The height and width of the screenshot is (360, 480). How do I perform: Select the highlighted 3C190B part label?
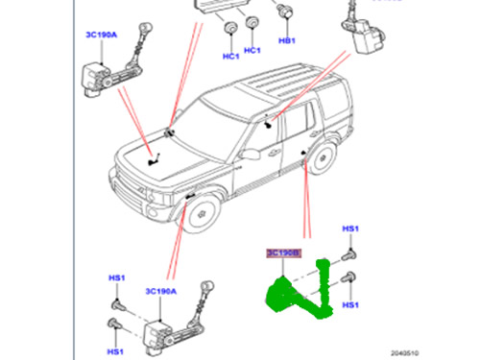click(x=283, y=253)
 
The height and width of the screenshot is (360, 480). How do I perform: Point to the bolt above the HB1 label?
click(x=285, y=12)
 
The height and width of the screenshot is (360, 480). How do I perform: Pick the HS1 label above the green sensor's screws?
click(x=351, y=230)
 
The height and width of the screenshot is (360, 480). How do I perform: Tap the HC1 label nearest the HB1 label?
click(x=252, y=50)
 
